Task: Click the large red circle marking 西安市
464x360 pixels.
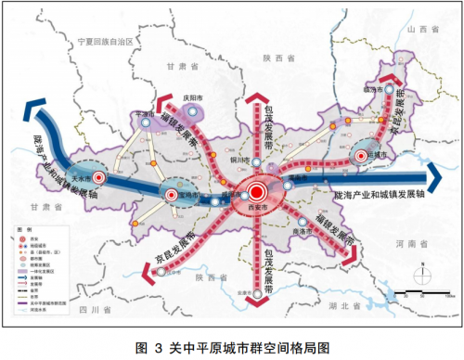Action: pyautogui.click(x=255, y=192)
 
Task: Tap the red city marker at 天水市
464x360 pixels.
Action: pyautogui.click(x=99, y=177)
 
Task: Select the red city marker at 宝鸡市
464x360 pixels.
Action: pyautogui.click(x=174, y=194)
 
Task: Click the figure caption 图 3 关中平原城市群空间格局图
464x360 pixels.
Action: pyautogui.click(x=232, y=347)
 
